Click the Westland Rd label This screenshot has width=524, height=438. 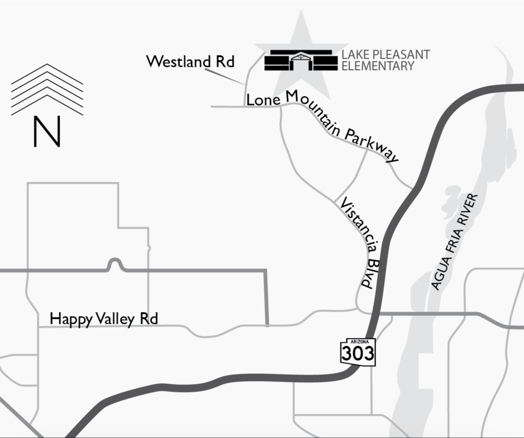point(190,61)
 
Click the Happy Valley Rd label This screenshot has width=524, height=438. point(104,319)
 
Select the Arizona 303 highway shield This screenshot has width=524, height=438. point(358,351)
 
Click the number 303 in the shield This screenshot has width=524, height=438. point(358,353)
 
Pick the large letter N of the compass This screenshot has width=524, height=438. point(47,132)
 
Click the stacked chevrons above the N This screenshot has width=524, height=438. point(47,89)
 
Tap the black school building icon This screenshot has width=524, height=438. point(301,60)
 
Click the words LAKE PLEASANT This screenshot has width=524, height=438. point(386,55)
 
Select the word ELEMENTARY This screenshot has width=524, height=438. point(378,66)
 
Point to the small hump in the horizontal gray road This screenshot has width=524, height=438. point(115,263)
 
